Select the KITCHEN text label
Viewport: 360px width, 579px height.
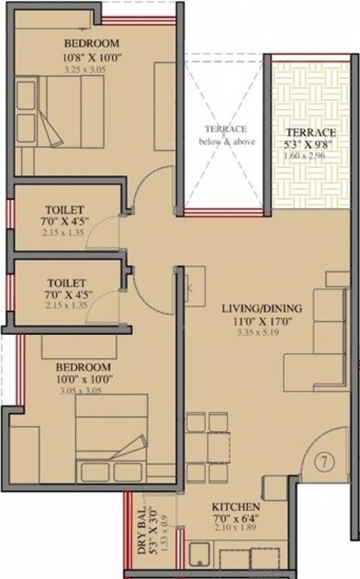(x=236, y=507)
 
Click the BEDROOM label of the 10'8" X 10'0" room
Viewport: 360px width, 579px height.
(x=92, y=43)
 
